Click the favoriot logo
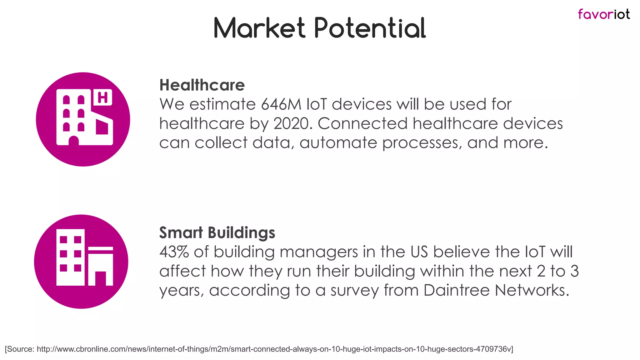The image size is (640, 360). (603, 14)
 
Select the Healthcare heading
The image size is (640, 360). (202, 85)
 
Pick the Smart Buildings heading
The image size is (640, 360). (217, 232)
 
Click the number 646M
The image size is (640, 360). (281, 104)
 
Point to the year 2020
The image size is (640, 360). (292, 123)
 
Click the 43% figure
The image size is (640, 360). (174, 252)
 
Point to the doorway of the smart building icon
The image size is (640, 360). (100, 278)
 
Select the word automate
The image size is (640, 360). (338, 143)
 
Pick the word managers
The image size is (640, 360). (318, 252)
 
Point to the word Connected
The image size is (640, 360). (362, 123)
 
